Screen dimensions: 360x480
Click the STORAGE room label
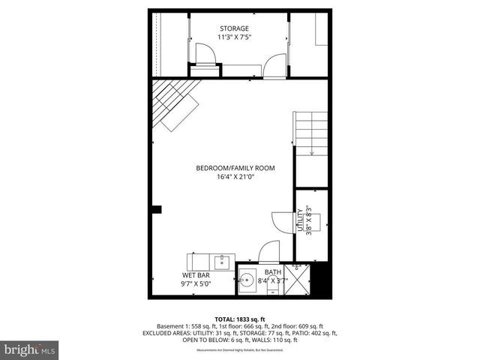pos(234,28)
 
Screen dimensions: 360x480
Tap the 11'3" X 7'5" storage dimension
pos(234,37)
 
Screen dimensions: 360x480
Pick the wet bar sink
pos(223,262)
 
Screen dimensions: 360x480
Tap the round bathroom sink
pos(247,283)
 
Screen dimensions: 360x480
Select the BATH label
pos(273,272)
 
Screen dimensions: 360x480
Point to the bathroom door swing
pos(268,252)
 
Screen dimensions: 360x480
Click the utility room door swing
pos(283,222)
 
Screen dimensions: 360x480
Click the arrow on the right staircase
pos(311,151)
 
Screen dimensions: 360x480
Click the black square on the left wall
pos(156,209)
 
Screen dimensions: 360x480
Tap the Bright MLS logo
pos(30,349)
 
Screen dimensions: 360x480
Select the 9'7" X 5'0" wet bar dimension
pos(196,284)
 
